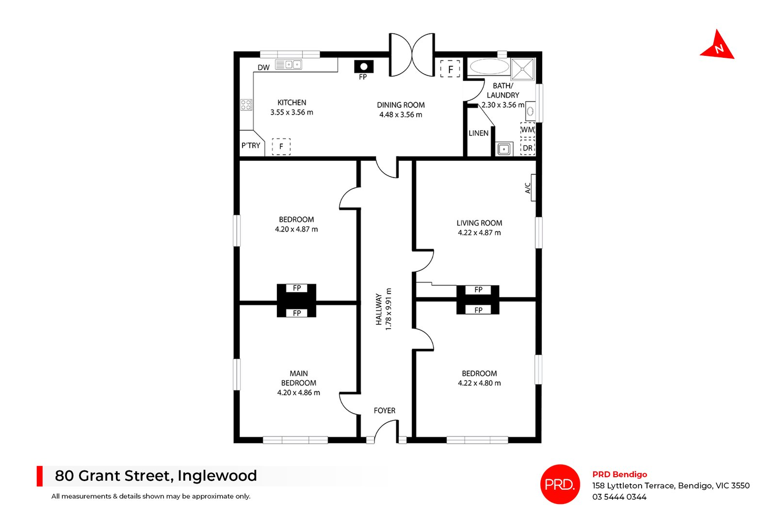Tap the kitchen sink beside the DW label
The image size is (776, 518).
(x=289, y=64)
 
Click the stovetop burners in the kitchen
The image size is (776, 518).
(x=246, y=104)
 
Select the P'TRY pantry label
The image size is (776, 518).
(x=251, y=145)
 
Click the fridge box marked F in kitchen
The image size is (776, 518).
(x=281, y=146)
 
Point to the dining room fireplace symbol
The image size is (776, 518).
(x=363, y=67)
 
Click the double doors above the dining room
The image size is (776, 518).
(x=412, y=54)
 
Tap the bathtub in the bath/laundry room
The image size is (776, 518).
(x=489, y=67)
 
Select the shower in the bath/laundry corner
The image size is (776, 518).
(x=523, y=68)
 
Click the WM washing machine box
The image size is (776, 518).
(x=527, y=130)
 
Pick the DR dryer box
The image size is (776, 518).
(x=527, y=148)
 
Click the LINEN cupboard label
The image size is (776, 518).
(x=478, y=133)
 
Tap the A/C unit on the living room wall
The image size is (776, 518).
(x=533, y=187)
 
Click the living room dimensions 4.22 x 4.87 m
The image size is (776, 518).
(x=479, y=233)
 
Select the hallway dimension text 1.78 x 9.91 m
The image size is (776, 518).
(x=388, y=309)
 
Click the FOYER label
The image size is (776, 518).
(x=384, y=410)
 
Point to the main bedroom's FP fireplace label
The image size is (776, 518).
(x=297, y=313)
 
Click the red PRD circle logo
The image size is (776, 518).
(x=560, y=484)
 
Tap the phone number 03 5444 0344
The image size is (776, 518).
(x=619, y=497)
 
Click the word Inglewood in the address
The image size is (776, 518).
(x=217, y=476)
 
